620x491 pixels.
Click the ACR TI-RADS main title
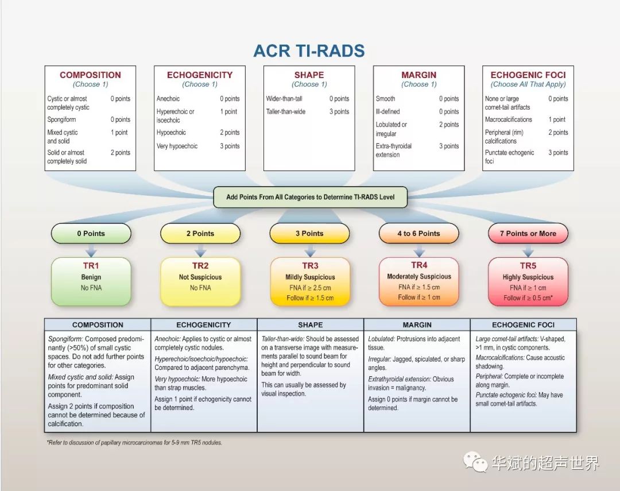coord(309,51)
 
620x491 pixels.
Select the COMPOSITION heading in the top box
coord(90,75)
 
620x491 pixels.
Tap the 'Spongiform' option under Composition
coord(61,119)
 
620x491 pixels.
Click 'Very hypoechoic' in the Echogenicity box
coord(177,146)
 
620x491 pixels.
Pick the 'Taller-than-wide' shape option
coord(286,111)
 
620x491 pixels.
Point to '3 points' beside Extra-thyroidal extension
coord(449,146)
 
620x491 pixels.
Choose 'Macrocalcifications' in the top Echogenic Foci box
coord(508,119)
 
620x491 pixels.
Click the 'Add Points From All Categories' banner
coord(310,197)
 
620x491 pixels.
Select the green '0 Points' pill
coord(91,234)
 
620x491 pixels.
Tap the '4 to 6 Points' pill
coord(418,234)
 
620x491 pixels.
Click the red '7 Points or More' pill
coord(528,234)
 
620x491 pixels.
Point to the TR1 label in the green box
coord(91,266)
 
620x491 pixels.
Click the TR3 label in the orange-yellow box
coord(310,266)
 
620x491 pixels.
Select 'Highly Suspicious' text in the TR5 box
coord(528,277)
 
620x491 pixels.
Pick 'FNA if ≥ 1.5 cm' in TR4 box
coord(418,287)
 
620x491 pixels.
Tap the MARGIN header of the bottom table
coord(417,324)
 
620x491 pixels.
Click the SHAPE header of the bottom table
coord(310,324)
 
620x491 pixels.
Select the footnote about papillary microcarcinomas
coord(134,443)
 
